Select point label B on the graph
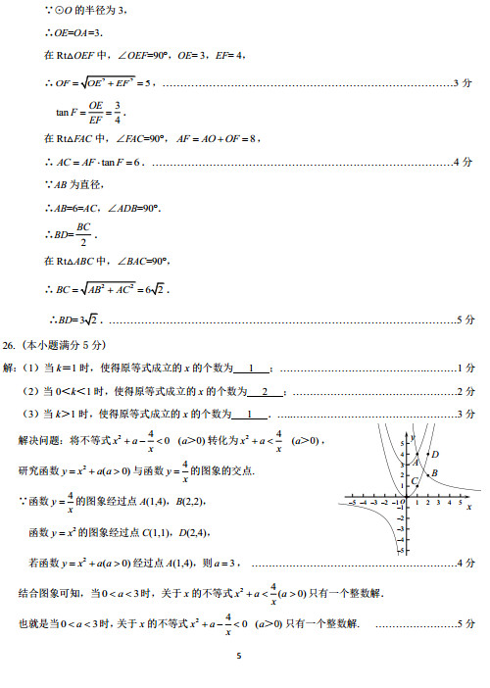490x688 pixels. (434, 473)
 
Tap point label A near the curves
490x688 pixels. (416, 462)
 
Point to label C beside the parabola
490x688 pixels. (415, 480)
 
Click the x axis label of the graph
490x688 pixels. (469, 509)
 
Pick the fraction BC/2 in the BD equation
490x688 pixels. (83, 233)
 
